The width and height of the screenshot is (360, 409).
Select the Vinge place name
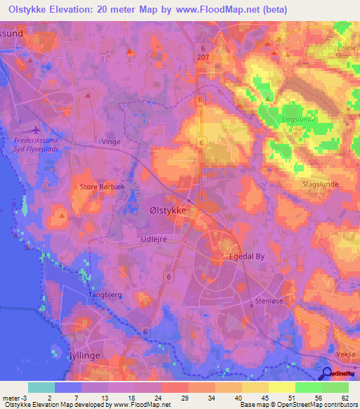(x=111, y=142)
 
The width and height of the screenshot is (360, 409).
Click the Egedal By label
(x=247, y=257)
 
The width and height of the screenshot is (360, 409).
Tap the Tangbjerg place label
(x=105, y=296)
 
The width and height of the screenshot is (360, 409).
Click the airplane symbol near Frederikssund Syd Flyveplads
(x=37, y=129)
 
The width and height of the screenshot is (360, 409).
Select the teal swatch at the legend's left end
(x=41, y=387)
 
